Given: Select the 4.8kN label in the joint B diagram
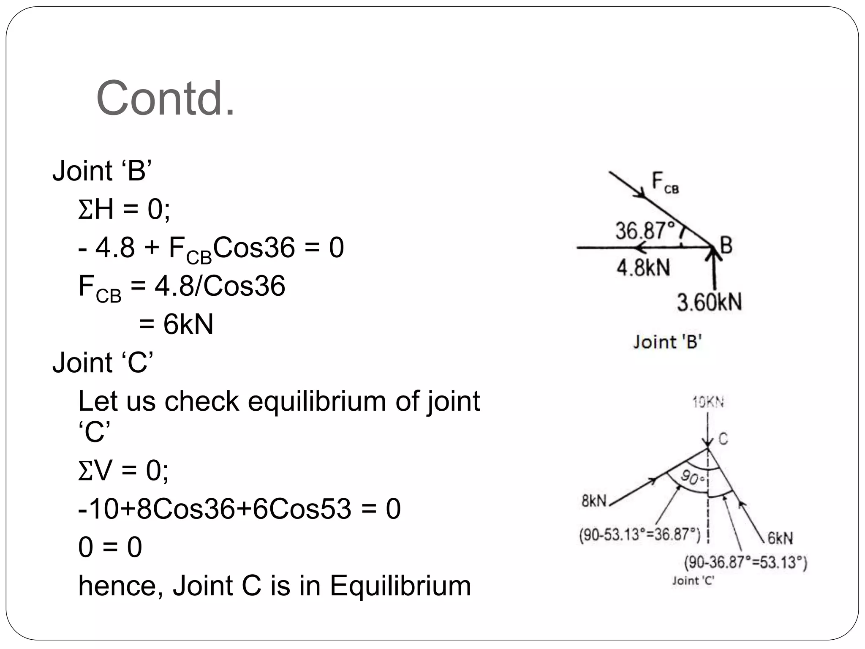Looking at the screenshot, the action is [643, 268].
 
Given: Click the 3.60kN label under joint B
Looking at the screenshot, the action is [709, 303].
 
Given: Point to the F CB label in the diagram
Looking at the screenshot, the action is [665, 182].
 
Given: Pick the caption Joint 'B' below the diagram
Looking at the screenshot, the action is [667, 342].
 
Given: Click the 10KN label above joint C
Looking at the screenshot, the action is [708, 402].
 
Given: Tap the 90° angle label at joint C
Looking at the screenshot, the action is [693, 478].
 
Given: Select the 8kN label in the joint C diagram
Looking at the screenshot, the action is [594, 501].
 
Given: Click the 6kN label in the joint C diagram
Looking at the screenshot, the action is [780, 538].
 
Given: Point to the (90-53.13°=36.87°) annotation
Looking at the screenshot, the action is [639, 535].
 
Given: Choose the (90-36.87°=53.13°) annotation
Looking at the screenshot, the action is [745, 562].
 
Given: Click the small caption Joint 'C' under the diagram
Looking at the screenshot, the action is [693, 581].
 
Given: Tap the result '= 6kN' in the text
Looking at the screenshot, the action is [176, 324].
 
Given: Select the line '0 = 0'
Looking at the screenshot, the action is [110, 547].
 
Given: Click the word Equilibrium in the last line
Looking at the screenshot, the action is [400, 586].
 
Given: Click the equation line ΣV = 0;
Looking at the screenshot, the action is [123, 470].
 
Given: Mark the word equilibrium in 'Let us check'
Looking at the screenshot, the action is [316, 401].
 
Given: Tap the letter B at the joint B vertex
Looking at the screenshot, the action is [726, 245].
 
